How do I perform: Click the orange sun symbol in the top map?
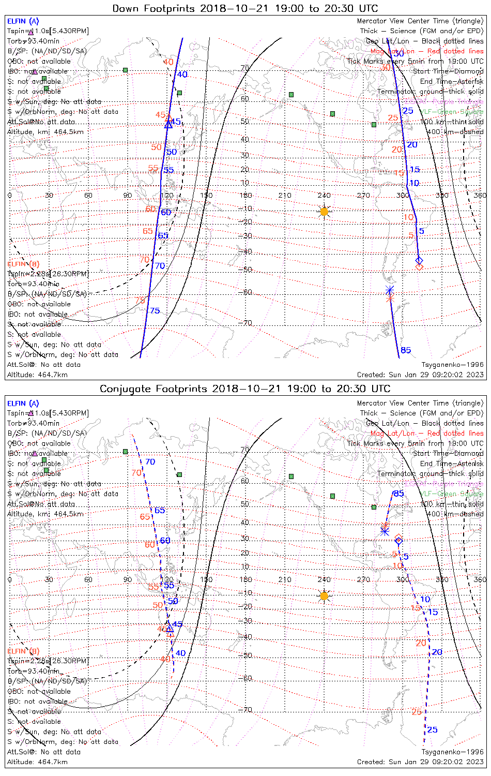(324, 211)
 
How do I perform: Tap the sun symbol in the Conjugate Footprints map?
(324, 596)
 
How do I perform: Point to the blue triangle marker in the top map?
(168, 124)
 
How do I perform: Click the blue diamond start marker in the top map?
(419, 260)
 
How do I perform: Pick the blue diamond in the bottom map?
(398, 541)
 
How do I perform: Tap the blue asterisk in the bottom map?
(385, 530)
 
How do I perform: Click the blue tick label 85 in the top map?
(406, 351)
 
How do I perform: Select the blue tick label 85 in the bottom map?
(398, 494)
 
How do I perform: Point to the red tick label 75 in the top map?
(140, 301)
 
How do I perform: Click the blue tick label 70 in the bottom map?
(150, 461)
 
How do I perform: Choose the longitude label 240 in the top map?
(324, 195)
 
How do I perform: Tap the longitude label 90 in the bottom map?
(128, 579)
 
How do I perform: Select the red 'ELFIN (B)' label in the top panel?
(23, 264)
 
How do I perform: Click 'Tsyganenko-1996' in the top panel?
(452, 365)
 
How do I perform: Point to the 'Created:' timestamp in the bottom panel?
(420, 762)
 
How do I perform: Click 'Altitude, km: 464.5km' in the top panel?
(45, 132)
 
